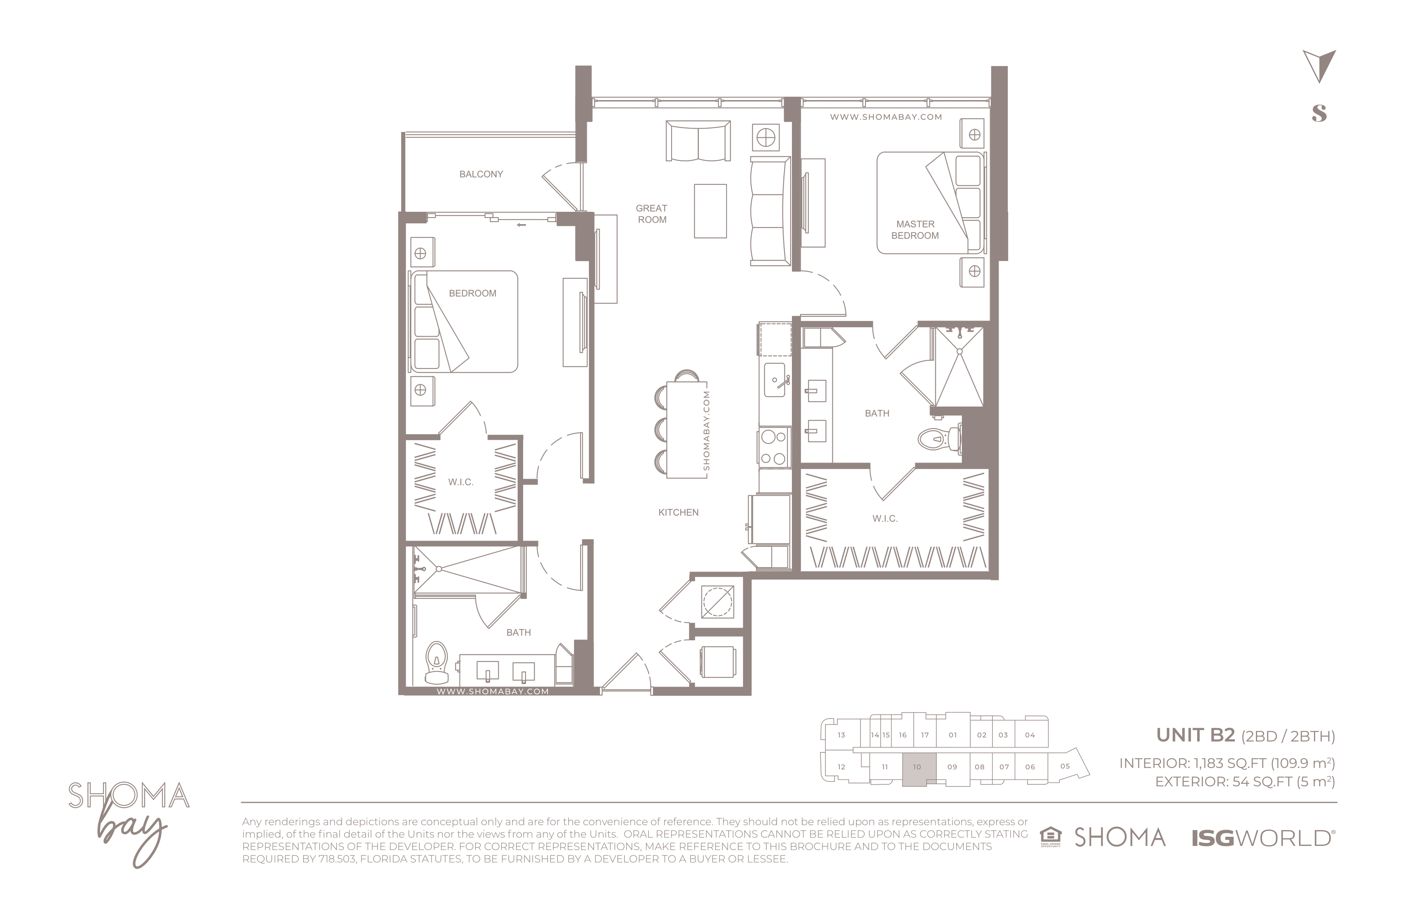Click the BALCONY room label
[481, 174]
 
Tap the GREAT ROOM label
[652, 214]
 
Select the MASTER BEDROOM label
[915, 230]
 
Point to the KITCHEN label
[678, 512]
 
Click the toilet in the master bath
[940, 438]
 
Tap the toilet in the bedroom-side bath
[437, 662]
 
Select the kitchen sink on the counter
[775, 380]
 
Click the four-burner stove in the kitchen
[774, 447]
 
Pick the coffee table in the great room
[710, 211]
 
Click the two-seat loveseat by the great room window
[698, 141]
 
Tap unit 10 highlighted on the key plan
[918, 769]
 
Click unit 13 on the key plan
[841, 735]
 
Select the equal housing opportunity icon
[1050, 837]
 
